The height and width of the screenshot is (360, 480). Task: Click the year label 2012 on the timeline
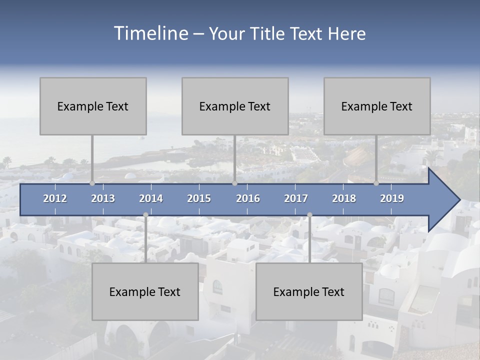click(55, 198)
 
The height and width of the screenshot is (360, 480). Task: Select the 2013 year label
click(103, 198)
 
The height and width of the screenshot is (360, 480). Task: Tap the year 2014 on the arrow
click(151, 198)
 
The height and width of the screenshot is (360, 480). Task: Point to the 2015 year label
click(199, 198)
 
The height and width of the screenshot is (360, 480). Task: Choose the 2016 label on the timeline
click(248, 198)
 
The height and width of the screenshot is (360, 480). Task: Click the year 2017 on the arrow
click(296, 198)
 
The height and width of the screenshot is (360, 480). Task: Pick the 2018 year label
click(344, 198)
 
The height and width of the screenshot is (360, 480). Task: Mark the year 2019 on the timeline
click(392, 198)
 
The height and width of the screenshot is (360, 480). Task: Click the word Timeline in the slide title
click(150, 33)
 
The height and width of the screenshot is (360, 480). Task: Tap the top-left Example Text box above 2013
click(93, 106)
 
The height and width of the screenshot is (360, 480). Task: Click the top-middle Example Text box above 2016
click(235, 106)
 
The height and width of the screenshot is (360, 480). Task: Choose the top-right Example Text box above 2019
click(377, 106)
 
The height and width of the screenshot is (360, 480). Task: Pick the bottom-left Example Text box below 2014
click(145, 291)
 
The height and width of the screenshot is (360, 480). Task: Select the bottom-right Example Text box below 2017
click(309, 291)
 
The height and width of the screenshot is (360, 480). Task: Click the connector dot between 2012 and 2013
click(92, 183)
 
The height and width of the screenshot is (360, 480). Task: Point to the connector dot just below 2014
click(145, 215)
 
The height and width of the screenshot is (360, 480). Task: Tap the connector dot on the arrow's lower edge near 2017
click(309, 215)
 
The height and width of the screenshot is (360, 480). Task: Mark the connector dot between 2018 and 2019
click(376, 183)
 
